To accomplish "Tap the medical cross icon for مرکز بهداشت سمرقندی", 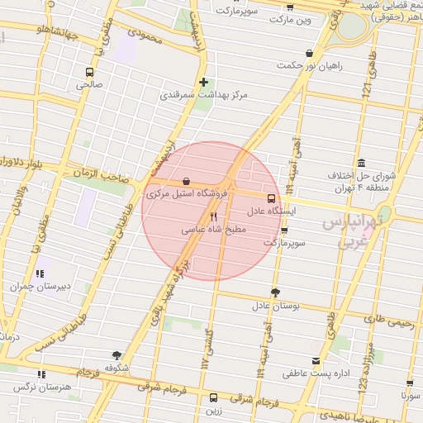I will [203, 82].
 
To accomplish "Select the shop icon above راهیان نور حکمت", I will [309, 54].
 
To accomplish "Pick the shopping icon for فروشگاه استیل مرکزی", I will [186, 181].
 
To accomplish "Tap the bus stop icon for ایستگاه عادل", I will [271, 198].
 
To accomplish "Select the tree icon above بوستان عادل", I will [275, 292].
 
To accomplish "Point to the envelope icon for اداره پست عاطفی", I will [316, 361].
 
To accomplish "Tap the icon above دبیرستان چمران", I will [39, 273].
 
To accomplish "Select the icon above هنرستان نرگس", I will [43, 373].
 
